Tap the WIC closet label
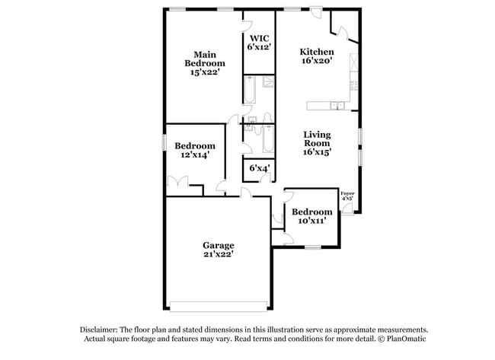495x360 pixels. coord(259,41)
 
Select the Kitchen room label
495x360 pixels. coord(317,57)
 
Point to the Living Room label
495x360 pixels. coord(317,142)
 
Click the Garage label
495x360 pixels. coord(218,250)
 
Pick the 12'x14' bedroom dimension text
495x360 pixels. coord(195,155)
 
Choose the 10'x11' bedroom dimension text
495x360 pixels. coord(311,221)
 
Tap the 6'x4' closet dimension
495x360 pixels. coord(259,168)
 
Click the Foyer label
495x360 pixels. coord(347,195)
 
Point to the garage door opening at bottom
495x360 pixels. coord(219,307)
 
